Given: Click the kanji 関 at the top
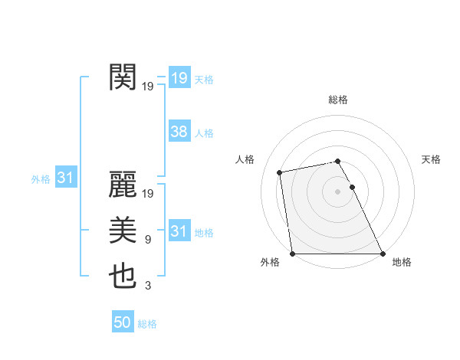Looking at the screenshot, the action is tap(123, 77).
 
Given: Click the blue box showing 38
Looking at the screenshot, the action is tap(179, 132).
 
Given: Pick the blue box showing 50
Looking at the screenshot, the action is tap(123, 322).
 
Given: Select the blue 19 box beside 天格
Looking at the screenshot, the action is tap(179, 78).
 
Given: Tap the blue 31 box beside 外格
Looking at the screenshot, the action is tap(65, 178).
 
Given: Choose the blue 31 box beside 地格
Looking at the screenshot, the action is tap(179, 231).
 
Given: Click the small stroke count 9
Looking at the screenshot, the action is tap(147, 241).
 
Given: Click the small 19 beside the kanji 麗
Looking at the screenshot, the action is tap(148, 195).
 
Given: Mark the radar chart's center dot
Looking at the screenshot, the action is tap(337, 191).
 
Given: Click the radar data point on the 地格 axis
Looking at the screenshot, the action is tap(383, 254).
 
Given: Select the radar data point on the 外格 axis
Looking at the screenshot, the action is tap(292, 254).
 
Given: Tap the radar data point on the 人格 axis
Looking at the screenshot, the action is tap(280, 172).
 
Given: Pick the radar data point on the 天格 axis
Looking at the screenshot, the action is tap(352, 187).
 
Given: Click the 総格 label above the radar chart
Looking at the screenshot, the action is tap(337, 100).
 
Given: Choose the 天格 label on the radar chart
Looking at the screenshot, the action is tap(431, 159).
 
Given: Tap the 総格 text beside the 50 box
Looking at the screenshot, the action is tap(147, 324).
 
